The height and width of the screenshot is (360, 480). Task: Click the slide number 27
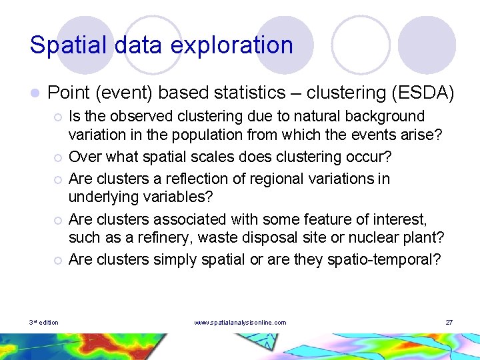tap(449, 323)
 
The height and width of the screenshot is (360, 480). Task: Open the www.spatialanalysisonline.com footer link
tap(240, 323)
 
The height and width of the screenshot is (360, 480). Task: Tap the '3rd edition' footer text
tap(43, 323)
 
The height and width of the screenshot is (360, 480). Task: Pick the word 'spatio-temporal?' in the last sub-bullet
tap(383, 259)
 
